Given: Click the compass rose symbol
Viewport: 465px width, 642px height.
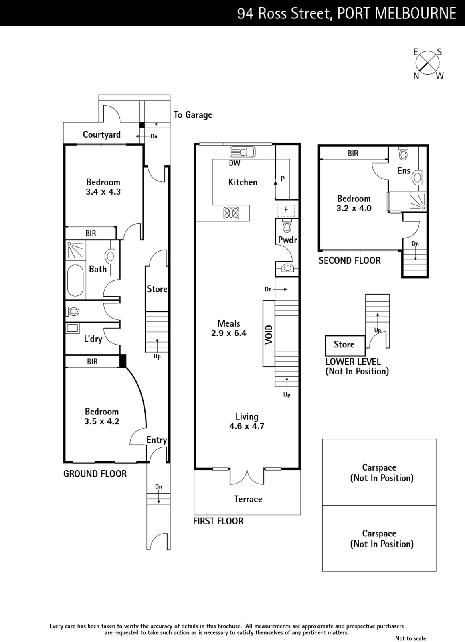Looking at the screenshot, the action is coord(427,63).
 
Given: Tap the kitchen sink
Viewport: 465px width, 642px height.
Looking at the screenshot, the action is coord(243,152).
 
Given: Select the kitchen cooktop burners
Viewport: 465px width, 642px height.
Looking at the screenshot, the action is coord(231,213).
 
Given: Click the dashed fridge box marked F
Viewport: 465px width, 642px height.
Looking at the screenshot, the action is coord(286,209).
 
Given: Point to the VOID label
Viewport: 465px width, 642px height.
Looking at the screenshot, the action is coord(269,335).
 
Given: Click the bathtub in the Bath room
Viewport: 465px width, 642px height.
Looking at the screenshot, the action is coord(75,280).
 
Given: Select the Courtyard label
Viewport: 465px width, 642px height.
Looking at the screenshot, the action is coord(102,134).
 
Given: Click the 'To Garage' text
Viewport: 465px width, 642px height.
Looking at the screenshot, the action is coord(193,115).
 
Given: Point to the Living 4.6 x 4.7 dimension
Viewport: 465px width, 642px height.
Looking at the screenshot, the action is coord(247,426).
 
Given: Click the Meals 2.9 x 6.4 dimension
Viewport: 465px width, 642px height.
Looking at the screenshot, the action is coord(229,333).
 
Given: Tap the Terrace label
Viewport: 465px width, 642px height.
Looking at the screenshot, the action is coord(248,499).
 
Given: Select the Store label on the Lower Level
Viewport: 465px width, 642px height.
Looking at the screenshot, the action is coord(344,345).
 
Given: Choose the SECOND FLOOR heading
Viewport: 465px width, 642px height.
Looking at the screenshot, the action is coord(350,260).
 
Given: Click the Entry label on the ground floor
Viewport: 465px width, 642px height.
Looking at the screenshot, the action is coord(157,440).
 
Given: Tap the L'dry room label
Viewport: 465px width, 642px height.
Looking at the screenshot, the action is coord(93,339).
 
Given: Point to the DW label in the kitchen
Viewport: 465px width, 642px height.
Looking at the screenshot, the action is coord(235,163).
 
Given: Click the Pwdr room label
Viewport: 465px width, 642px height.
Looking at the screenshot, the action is coord(287,240).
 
